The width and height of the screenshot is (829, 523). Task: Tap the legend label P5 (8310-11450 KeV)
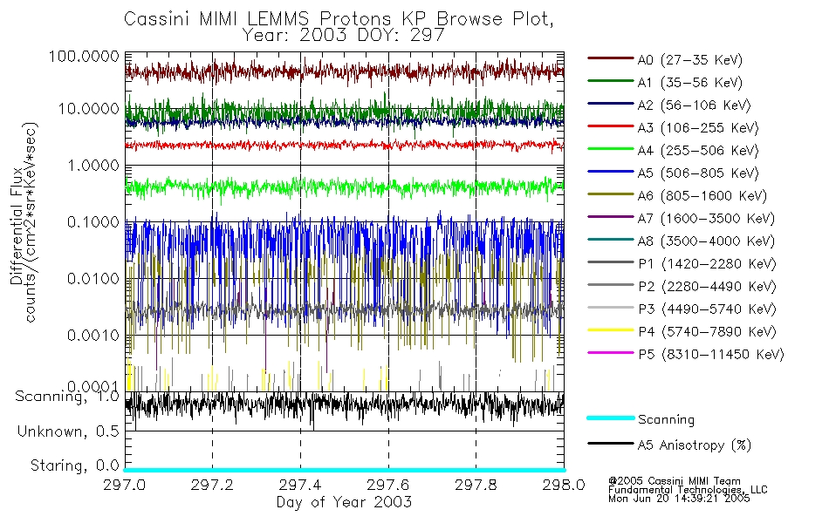pos(710,355)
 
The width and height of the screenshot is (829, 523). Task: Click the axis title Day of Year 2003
pos(344,502)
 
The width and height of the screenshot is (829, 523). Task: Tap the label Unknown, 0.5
pos(67,431)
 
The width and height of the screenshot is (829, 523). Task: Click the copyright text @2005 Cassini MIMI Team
pos(663,480)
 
